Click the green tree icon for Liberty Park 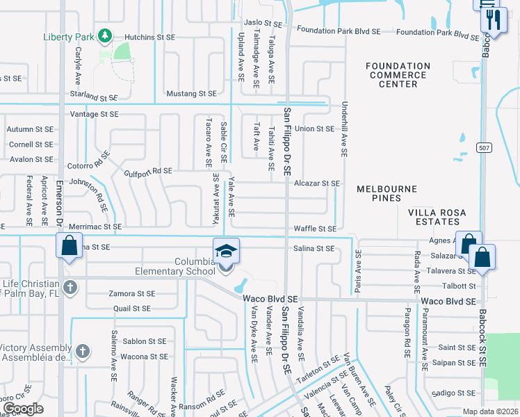tap(104, 35)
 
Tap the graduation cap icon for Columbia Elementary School tap(226, 251)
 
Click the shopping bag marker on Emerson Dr tap(69, 246)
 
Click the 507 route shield tap(485, 147)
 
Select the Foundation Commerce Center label tap(398, 75)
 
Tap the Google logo tap(23, 409)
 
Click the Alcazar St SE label tap(316, 183)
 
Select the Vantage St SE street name tap(95, 114)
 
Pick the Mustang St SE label tap(191, 93)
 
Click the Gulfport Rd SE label tap(148, 171)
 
